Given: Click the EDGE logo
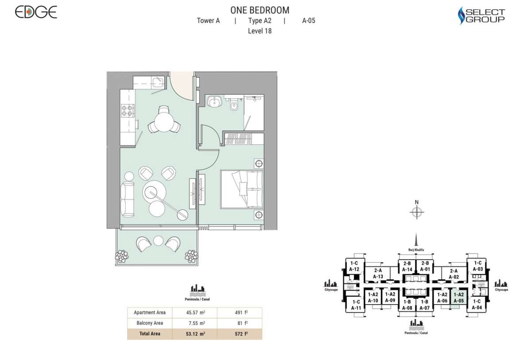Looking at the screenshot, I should (36, 12).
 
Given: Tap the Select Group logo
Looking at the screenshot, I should (481, 15).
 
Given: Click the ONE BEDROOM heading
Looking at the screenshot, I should (260, 10).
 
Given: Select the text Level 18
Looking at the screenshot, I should (260, 31).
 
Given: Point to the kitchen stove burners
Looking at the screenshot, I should (127, 110).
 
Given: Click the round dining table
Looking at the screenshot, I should (164, 120).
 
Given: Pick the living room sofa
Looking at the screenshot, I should (128, 199).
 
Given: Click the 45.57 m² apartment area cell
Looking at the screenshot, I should (195, 313).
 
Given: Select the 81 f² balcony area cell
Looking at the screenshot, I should (239, 323).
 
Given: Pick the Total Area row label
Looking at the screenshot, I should (150, 334).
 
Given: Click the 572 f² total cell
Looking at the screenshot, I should (239, 334).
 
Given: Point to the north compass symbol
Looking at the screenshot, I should (416, 213).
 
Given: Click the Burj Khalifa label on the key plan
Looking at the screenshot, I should (416, 250).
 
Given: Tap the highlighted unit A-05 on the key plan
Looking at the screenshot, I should (458, 298).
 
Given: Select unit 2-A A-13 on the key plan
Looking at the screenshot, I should (377, 274).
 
